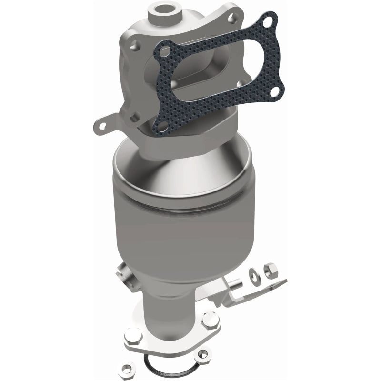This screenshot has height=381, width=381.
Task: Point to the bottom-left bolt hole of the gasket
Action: click(161, 126)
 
